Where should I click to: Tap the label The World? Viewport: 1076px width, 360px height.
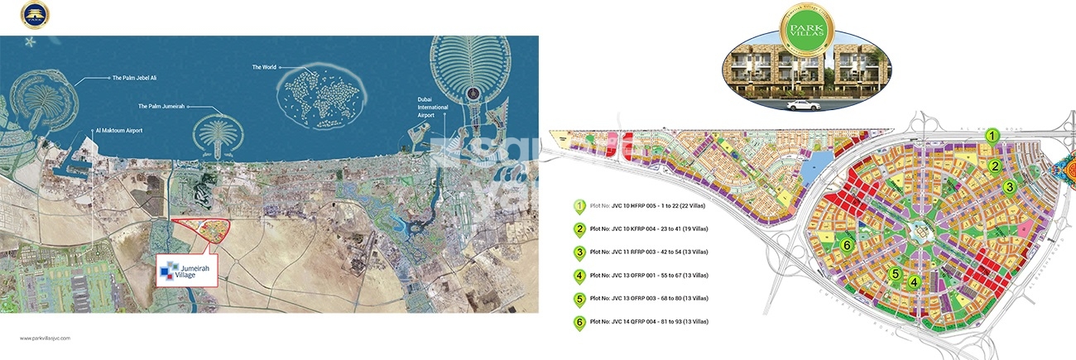pyautogui.click(x=267, y=66)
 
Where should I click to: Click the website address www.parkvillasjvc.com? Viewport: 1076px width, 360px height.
pyautogui.click(x=46, y=338)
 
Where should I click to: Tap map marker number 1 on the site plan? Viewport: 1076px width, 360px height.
pyautogui.click(x=992, y=136)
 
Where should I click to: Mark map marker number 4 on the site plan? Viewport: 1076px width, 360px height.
pyautogui.click(x=914, y=282)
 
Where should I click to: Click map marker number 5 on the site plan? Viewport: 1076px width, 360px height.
pyautogui.click(x=895, y=275)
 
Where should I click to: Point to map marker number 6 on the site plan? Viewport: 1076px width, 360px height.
pyautogui.click(x=846, y=246)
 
